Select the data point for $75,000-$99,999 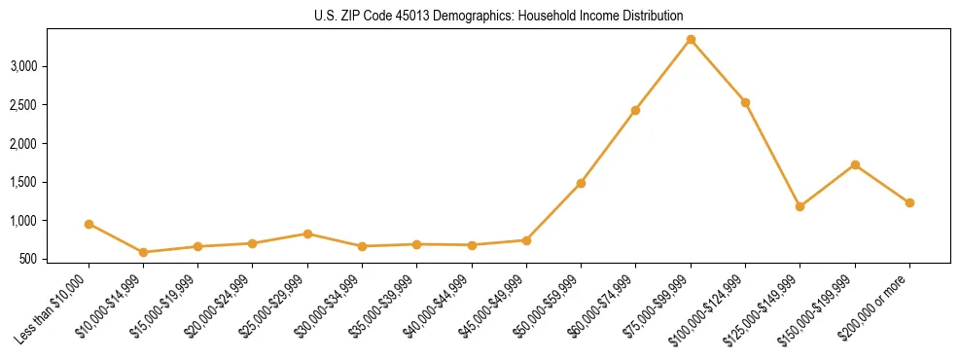click(x=691, y=40)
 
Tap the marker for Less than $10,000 click(x=89, y=224)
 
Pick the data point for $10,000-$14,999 click(x=144, y=252)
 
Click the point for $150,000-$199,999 click(x=855, y=164)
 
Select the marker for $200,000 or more click(x=909, y=202)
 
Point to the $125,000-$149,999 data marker click(x=800, y=206)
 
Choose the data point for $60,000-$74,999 click(x=635, y=110)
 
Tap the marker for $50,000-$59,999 click(x=581, y=183)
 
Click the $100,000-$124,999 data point click(x=745, y=102)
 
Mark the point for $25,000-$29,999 click(x=307, y=234)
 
